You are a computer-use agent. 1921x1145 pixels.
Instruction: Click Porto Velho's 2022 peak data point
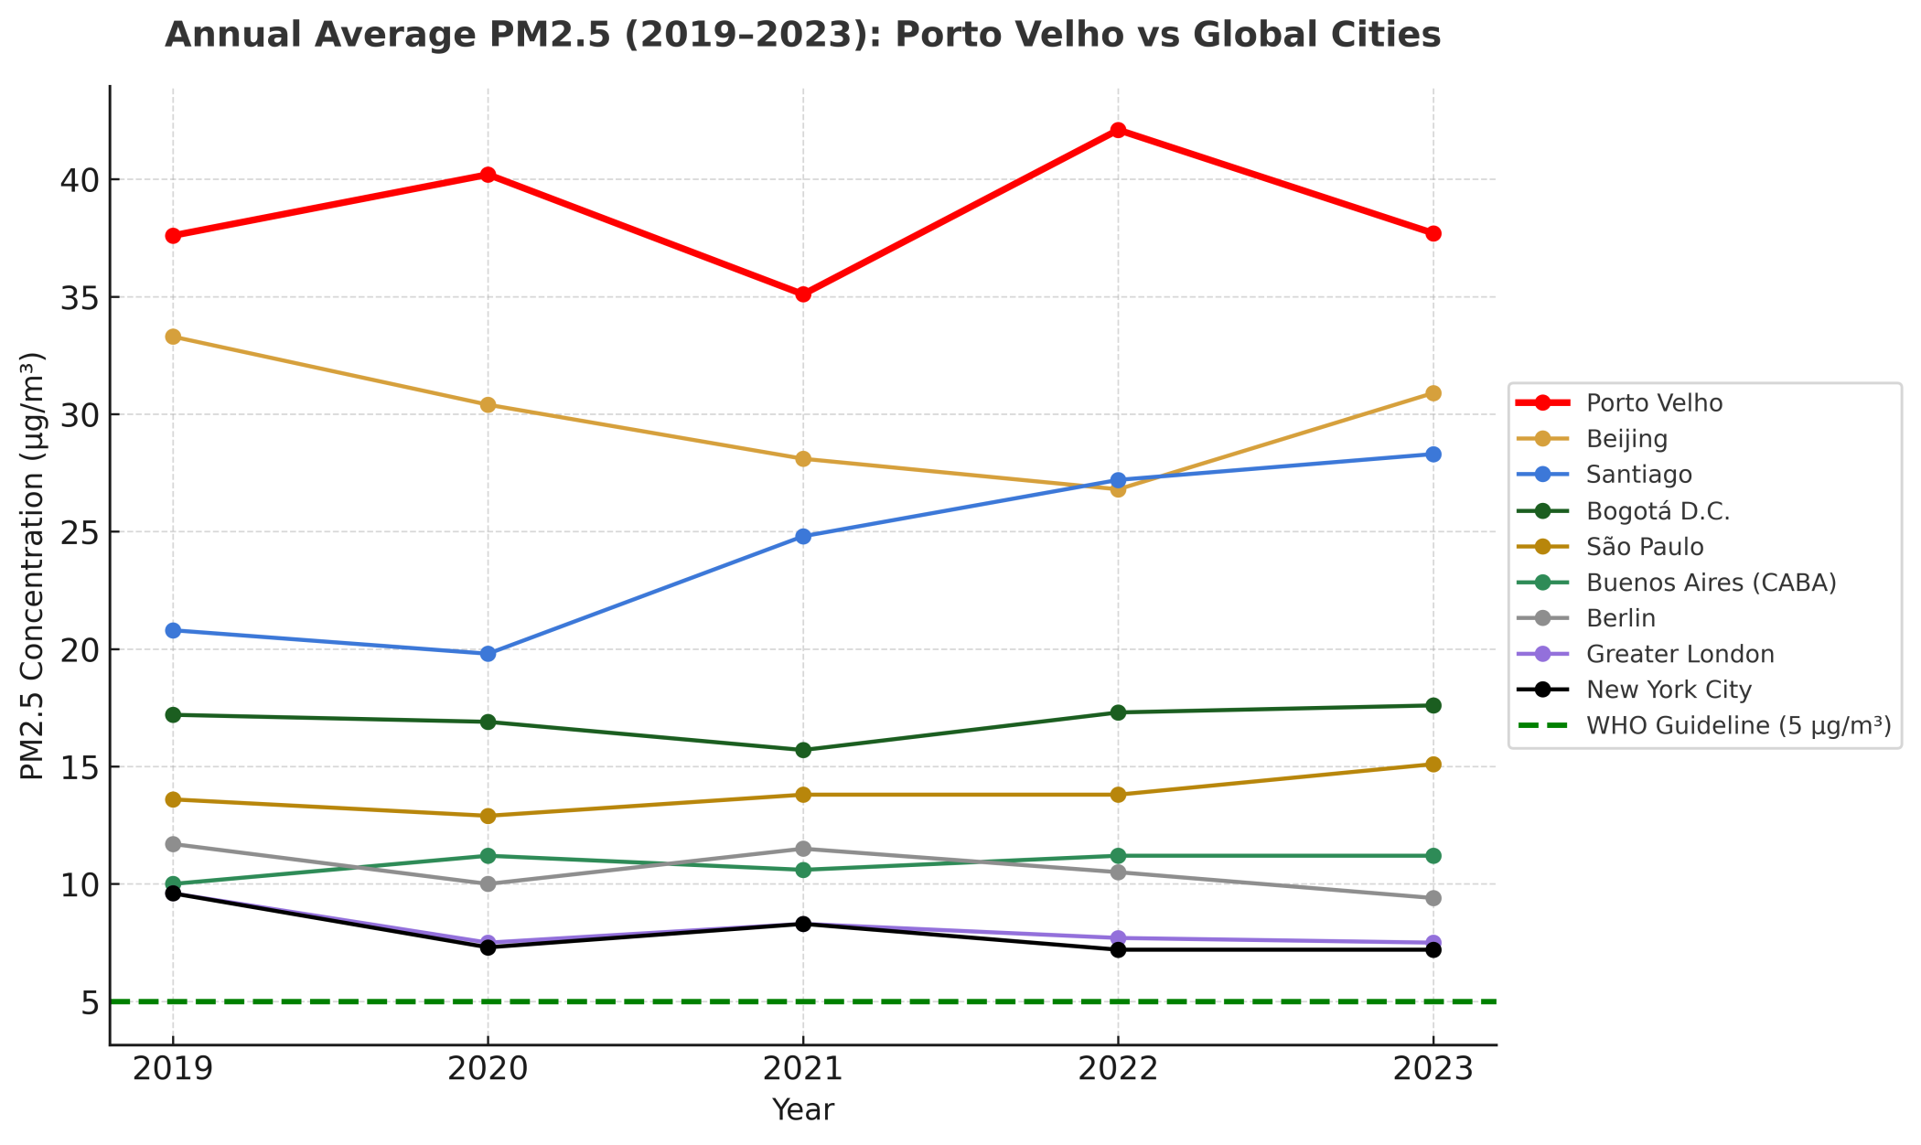(x=1118, y=130)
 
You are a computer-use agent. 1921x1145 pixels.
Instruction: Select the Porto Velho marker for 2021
(x=803, y=294)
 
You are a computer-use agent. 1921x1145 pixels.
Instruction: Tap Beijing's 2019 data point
(x=173, y=337)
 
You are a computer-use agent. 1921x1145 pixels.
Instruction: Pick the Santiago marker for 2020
(x=488, y=654)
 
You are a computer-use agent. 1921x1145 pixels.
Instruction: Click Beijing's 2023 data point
(x=1433, y=393)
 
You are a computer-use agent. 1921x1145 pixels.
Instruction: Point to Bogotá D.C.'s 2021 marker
(x=803, y=750)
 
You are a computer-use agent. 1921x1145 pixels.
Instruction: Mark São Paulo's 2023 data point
(x=1433, y=765)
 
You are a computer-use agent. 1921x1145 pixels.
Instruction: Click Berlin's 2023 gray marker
(x=1433, y=898)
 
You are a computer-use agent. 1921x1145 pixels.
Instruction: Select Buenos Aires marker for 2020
(x=488, y=856)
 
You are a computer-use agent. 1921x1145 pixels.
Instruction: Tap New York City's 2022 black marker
(x=1118, y=949)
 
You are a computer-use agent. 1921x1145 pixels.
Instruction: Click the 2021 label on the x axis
(x=803, y=1069)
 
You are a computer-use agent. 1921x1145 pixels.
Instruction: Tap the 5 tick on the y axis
(x=89, y=1002)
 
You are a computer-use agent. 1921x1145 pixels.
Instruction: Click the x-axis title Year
(x=803, y=1110)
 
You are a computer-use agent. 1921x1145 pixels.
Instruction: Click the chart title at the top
(x=802, y=35)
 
